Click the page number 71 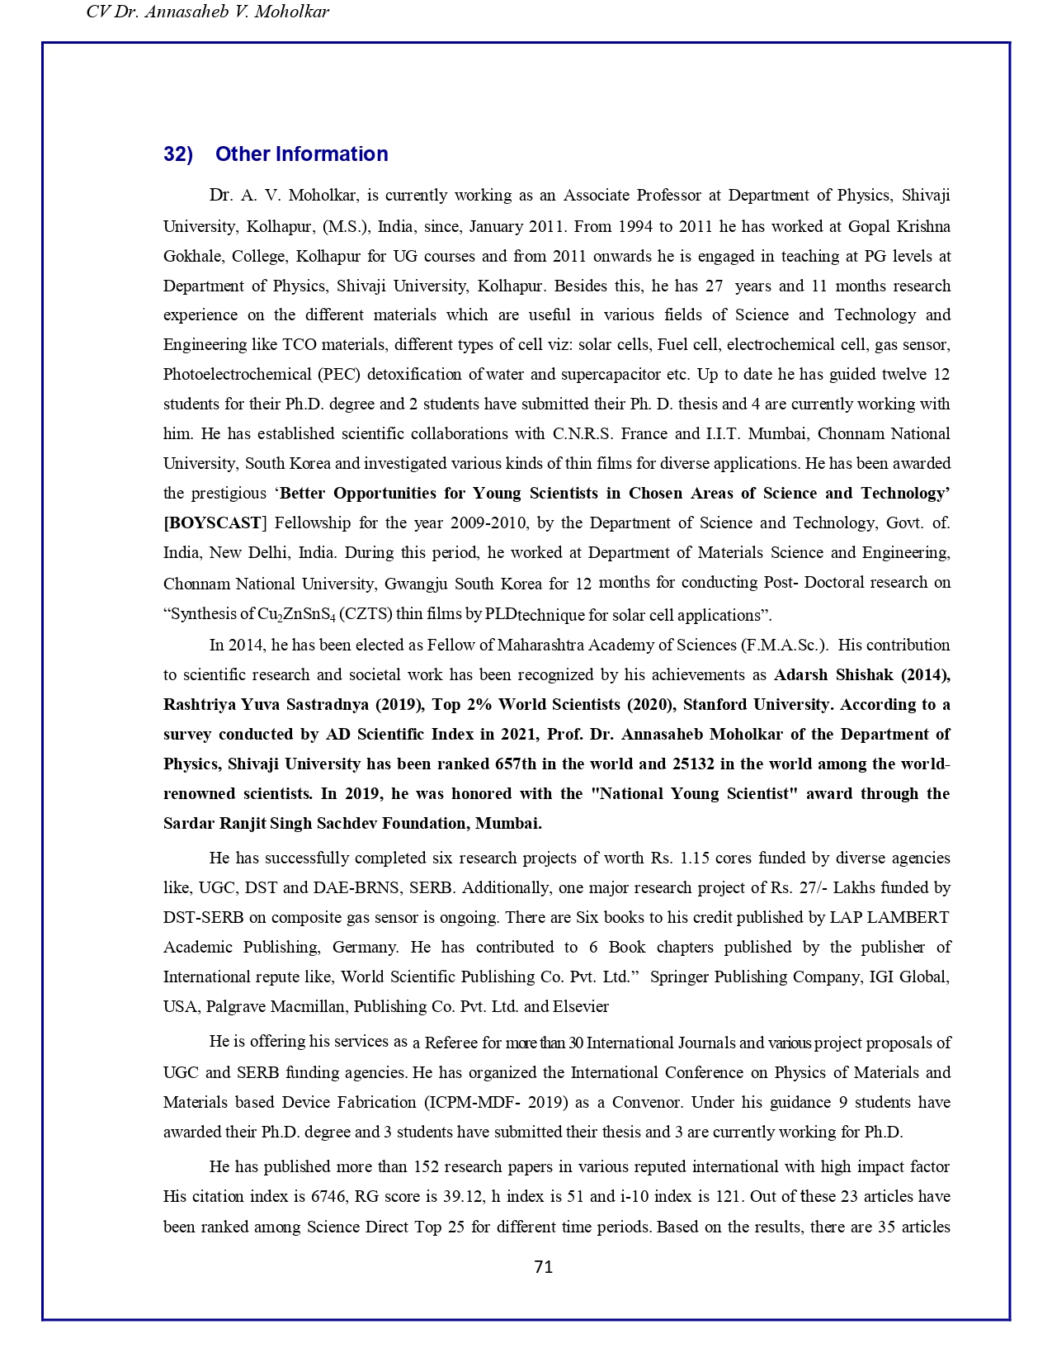[x=543, y=1267]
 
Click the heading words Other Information [x=301, y=154]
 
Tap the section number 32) [x=178, y=154]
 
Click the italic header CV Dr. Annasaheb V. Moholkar [x=207, y=12]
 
